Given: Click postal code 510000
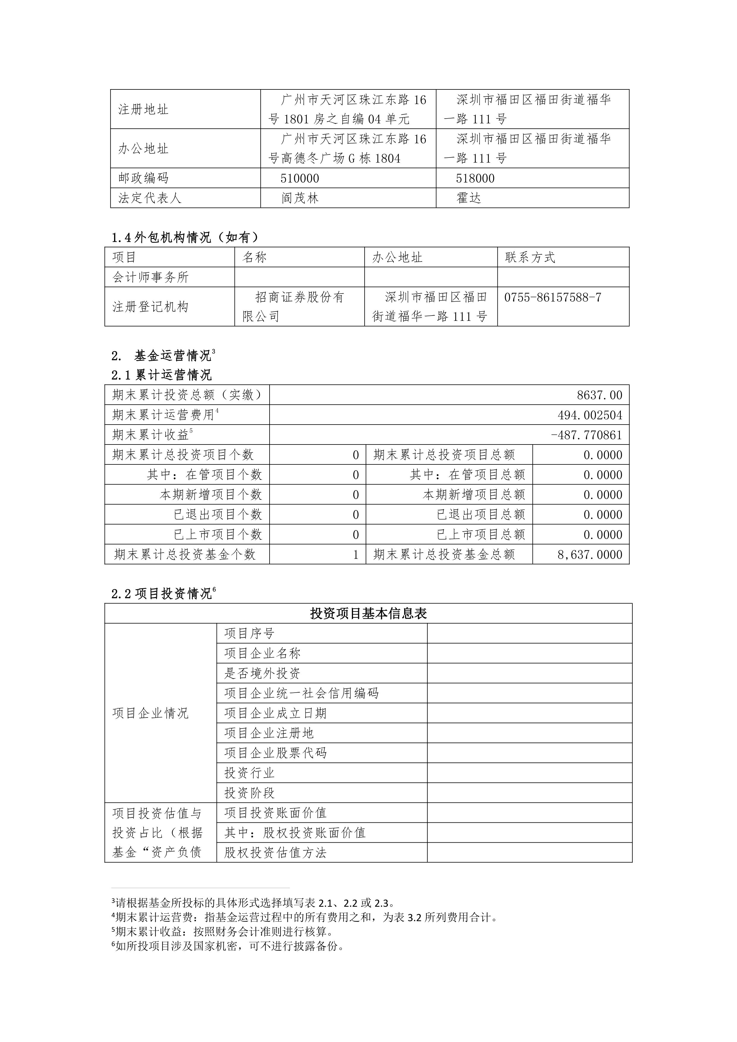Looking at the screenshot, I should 300,178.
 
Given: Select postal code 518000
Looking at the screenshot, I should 475,178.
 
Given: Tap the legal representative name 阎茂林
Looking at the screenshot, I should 300,198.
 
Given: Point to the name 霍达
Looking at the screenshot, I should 468,198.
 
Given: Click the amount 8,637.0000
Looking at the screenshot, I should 590,555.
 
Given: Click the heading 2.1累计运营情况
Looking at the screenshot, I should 162,375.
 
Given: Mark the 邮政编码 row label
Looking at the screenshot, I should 144,178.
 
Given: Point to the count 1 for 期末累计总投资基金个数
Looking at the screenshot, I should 356,555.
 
